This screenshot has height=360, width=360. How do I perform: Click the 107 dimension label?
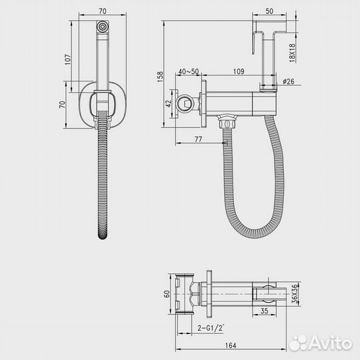[x=68, y=59]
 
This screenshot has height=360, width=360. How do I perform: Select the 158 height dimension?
[x=160, y=77]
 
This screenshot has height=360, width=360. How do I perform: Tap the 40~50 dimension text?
[x=189, y=71]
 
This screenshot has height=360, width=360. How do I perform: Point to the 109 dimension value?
[x=239, y=71]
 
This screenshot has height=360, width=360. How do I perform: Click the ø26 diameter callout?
[x=289, y=81]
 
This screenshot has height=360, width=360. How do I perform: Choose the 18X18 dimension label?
[x=292, y=53]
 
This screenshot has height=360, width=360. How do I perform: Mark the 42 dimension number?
[x=169, y=103]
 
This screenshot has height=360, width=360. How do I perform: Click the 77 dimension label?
[x=198, y=139]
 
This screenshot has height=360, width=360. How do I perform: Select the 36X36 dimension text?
[x=295, y=293]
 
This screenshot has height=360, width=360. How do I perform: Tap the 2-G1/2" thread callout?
[x=211, y=327]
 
